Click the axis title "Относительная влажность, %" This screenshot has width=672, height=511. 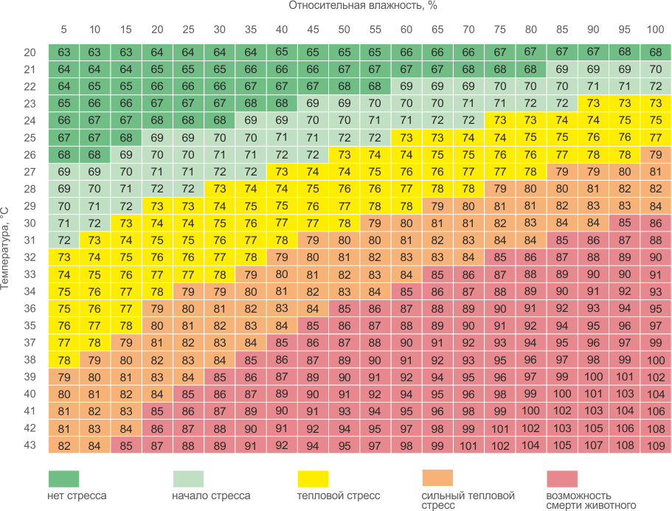coord(362,6)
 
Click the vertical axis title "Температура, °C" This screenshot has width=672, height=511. coord(6,248)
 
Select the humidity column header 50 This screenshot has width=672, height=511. coord(344,29)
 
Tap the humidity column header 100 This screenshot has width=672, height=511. coord(655,29)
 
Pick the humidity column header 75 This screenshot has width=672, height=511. coord(499,29)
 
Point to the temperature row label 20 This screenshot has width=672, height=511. coord(30,52)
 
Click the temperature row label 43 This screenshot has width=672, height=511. coord(30,445)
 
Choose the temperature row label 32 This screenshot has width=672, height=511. coord(30,257)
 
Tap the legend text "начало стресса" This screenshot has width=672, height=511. coord(211,496)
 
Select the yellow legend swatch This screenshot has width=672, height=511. coord(312,478)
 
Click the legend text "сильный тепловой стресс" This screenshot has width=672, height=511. coord(468,500)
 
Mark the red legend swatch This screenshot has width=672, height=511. coord(562,478)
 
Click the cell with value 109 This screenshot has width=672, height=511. coord(655,445)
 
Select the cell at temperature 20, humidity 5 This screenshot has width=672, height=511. coord(63,52)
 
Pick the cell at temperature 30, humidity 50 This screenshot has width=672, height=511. coord(344,223)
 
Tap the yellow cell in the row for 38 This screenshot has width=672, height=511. coord(63,360)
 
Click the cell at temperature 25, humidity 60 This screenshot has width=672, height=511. coord(406,138)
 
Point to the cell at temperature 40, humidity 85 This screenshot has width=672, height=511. coord(562,394)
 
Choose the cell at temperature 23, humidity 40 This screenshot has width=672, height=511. coord(282,103)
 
